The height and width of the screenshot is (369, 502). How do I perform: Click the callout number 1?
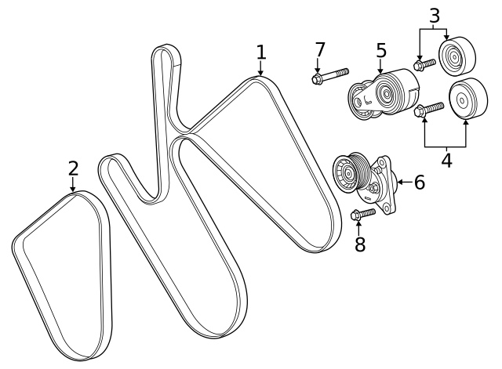[x=261, y=52]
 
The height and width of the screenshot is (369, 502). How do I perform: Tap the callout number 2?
[x=73, y=168]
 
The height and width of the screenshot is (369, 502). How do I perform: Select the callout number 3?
[x=434, y=15]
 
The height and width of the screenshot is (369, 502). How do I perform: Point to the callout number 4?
[x=446, y=161]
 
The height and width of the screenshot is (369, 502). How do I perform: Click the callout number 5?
[x=381, y=51]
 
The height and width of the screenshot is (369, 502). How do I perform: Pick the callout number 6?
[x=419, y=183]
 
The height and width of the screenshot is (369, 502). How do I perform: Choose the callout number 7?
[x=319, y=49]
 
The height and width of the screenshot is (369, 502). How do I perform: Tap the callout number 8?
[x=360, y=244]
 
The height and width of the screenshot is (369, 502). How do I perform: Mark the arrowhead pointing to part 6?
[x=399, y=183]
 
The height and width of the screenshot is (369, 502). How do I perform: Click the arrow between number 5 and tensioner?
[x=381, y=68]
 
